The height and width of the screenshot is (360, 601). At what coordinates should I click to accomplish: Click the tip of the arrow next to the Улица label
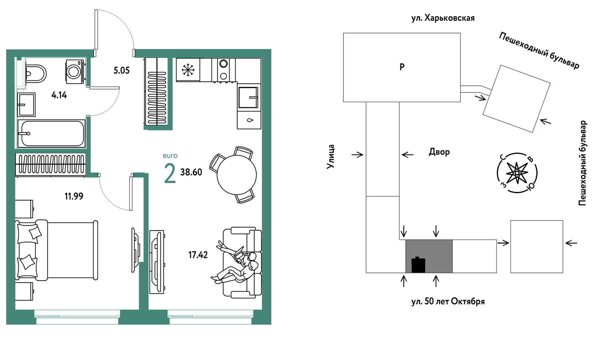(x=363, y=154)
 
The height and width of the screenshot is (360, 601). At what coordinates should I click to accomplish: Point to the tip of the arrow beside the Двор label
(x=402, y=154)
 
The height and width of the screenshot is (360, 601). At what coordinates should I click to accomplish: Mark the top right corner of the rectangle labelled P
(x=461, y=33)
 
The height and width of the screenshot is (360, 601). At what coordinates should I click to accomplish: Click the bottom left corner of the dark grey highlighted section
(x=406, y=273)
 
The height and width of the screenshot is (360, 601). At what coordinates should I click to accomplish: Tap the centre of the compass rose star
(x=517, y=173)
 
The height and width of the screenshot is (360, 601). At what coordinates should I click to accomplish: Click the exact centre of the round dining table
(x=237, y=175)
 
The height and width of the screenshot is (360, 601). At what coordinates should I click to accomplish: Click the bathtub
(x=51, y=133)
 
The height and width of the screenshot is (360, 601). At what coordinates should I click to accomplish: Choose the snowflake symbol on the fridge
(x=188, y=70)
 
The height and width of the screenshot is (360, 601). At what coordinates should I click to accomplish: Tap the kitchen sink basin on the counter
(x=248, y=97)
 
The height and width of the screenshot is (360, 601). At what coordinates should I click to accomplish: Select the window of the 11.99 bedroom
(x=77, y=317)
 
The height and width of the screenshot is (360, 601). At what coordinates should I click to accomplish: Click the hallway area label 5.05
(x=121, y=70)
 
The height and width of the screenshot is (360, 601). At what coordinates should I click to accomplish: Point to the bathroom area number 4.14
(x=59, y=95)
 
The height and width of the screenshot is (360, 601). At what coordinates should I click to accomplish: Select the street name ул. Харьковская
(x=443, y=18)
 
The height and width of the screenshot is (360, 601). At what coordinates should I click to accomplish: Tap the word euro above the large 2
(x=170, y=156)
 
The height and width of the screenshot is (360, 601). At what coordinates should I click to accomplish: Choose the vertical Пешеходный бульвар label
(x=582, y=163)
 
